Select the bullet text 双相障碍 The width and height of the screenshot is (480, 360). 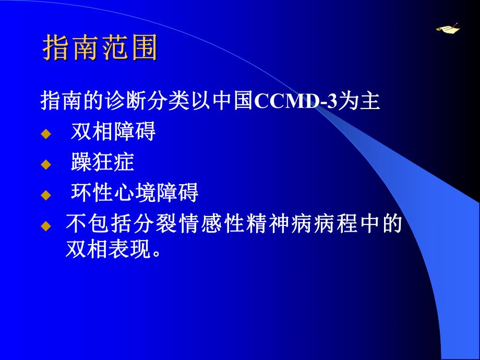pyautogui.click(x=113, y=133)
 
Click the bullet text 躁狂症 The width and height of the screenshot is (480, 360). pyautogui.click(x=102, y=163)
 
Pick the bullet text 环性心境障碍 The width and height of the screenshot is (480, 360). pyautogui.click(x=135, y=194)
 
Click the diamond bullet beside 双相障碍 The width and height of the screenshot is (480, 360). pyautogui.click(x=46, y=134)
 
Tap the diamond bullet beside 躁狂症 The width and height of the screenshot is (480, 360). pyautogui.click(x=46, y=165)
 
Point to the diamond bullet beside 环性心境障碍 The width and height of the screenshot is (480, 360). pyautogui.click(x=46, y=196)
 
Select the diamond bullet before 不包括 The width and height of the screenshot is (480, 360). pyautogui.click(x=46, y=226)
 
